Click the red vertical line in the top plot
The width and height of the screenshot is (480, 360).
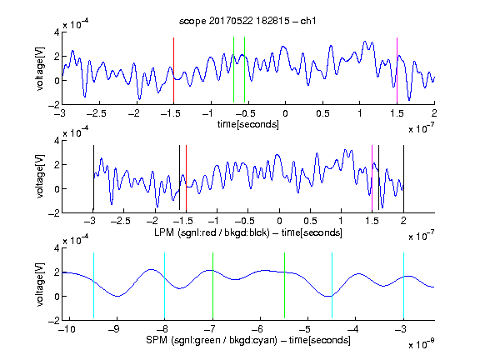tap(173, 70)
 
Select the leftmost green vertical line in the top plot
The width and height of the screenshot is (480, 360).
tap(233, 70)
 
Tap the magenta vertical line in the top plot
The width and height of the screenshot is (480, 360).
tap(397, 70)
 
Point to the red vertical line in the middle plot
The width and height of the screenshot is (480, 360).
tap(186, 178)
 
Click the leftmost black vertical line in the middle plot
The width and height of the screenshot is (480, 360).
tap(93, 178)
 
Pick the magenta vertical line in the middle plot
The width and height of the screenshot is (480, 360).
tap(372, 178)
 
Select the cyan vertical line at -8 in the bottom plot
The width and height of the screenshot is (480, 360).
tap(164, 285)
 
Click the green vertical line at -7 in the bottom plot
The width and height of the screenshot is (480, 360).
tap(212, 285)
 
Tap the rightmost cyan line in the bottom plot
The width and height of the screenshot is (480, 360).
tap(403, 285)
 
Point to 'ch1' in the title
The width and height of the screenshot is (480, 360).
tap(308, 21)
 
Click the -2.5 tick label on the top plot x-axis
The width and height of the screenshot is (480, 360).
tap(97, 113)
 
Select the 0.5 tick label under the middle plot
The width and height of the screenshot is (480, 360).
tap(310, 221)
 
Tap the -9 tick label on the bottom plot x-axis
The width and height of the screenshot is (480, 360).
tap(115, 329)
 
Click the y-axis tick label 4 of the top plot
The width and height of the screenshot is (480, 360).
tap(57, 32)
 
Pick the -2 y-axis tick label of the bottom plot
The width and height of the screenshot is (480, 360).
tap(54, 320)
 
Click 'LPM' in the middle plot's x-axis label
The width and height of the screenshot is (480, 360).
tap(164, 232)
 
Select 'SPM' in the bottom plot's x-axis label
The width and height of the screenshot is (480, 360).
tap(157, 340)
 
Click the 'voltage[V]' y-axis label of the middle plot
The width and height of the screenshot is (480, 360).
tap(40, 177)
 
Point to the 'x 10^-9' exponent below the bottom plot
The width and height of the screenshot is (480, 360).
tap(421, 344)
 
